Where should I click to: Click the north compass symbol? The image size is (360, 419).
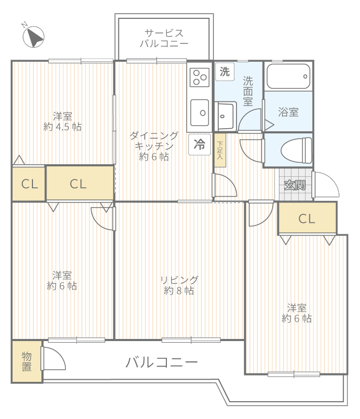pyautogui.click(x=33, y=36)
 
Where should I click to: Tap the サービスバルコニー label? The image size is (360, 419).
pyautogui.click(x=164, y=38)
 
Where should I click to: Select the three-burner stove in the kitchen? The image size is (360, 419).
pyautogui.click(x=199, y=77)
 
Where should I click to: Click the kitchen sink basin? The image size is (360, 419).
pyautogui.click(x=199, y=112)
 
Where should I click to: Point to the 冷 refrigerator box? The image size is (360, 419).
pyautogui.click(x=199, y=144)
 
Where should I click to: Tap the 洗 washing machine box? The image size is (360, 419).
pyautogui.click(x=224, y=72)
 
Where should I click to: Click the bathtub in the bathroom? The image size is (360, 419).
pyautogui.click(x=288, y=76)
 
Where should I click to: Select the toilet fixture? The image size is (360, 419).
pyautogui.click(x=296, y=151)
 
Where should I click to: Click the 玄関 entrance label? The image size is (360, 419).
pyautogui.click(x=295, y=185)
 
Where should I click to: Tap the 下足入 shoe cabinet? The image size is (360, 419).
pyautogui.click(x=220, y=151)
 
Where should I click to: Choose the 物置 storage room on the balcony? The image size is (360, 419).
pyautogui.click(x=27, y=361)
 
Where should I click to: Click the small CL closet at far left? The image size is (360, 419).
pyautogui.click(x=29, y=184)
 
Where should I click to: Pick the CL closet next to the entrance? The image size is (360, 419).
pyautogui.click(x=307, y=218)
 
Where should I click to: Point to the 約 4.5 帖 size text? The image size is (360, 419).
pyautogui.click(x=63, y=127)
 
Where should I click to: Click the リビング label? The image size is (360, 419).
pyautogui.click(x=179, y=280)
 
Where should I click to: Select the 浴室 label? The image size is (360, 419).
pyautogui.click(x=288, y=112)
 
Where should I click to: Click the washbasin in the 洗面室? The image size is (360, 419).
pyautogui.click(x=226, y=116)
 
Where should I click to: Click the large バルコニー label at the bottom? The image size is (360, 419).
pyautogui.click(x=162, y=363)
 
